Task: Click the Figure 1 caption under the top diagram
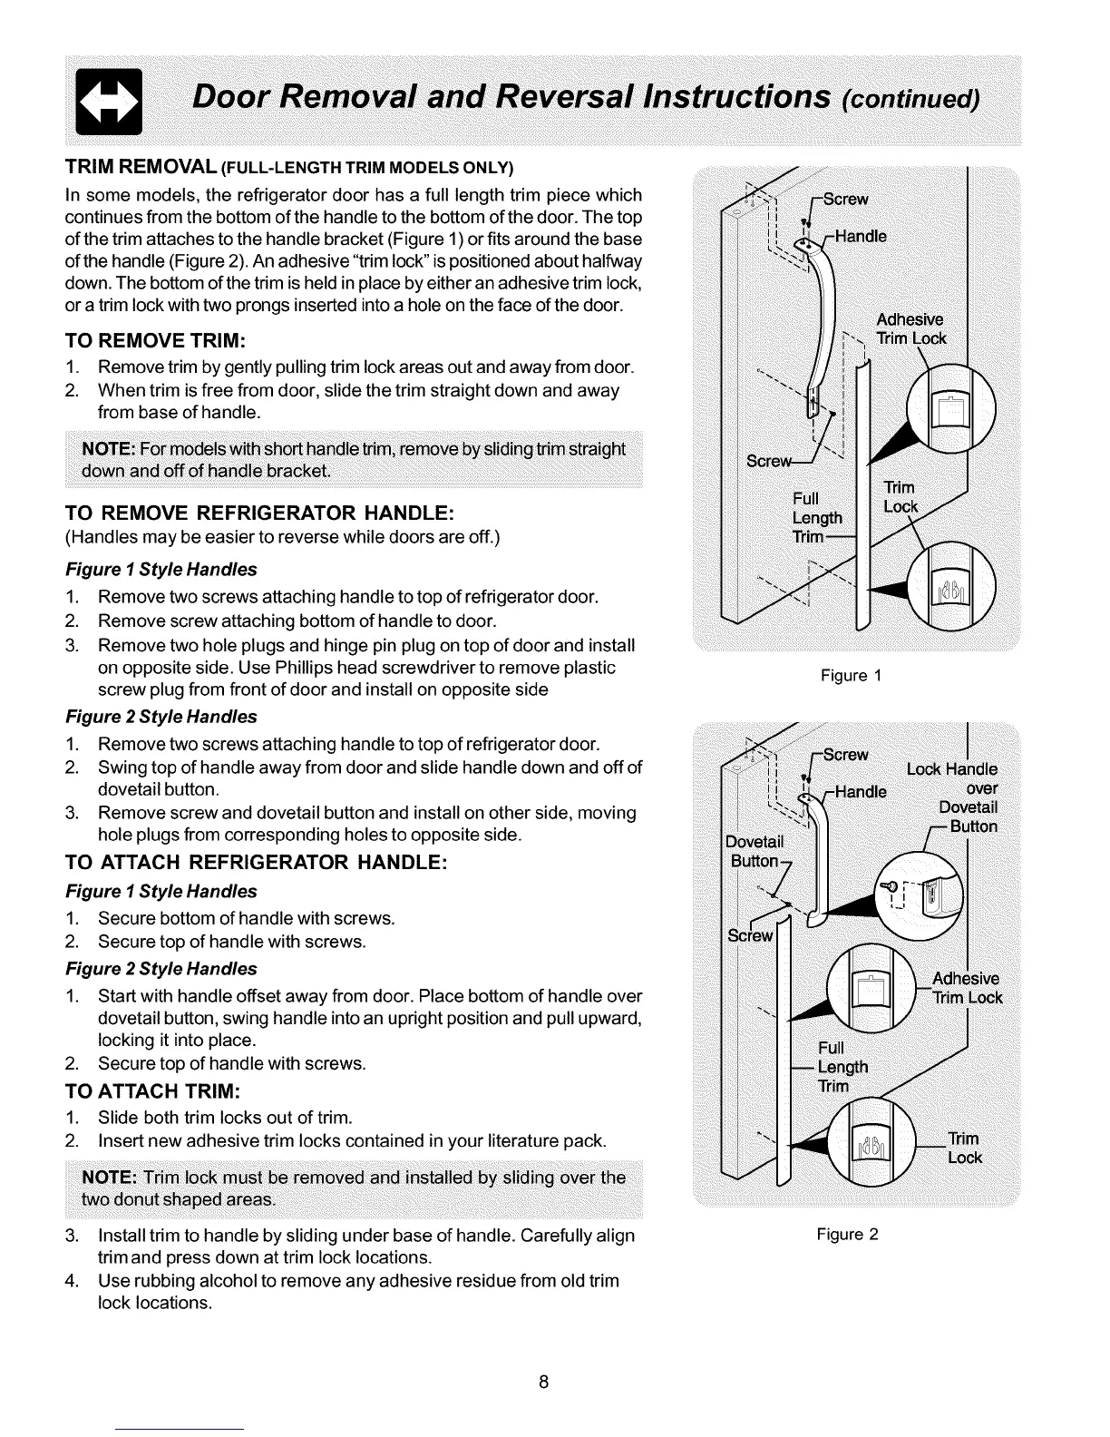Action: click(850, 676)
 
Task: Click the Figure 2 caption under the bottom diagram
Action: click(847, 1235)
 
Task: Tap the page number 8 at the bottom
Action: click(542, 1382)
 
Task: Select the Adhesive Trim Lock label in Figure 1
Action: click(910, 329)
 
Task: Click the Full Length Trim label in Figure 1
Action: click(817, 518)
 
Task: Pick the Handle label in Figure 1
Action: click(860, 238)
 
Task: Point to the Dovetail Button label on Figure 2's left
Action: click(754, 852)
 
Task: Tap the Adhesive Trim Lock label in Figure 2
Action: click(968, 988)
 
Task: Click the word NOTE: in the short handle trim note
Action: click(109, 450)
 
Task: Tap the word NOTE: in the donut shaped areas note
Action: click(109, 1178)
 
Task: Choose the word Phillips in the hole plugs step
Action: click(363, 668)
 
